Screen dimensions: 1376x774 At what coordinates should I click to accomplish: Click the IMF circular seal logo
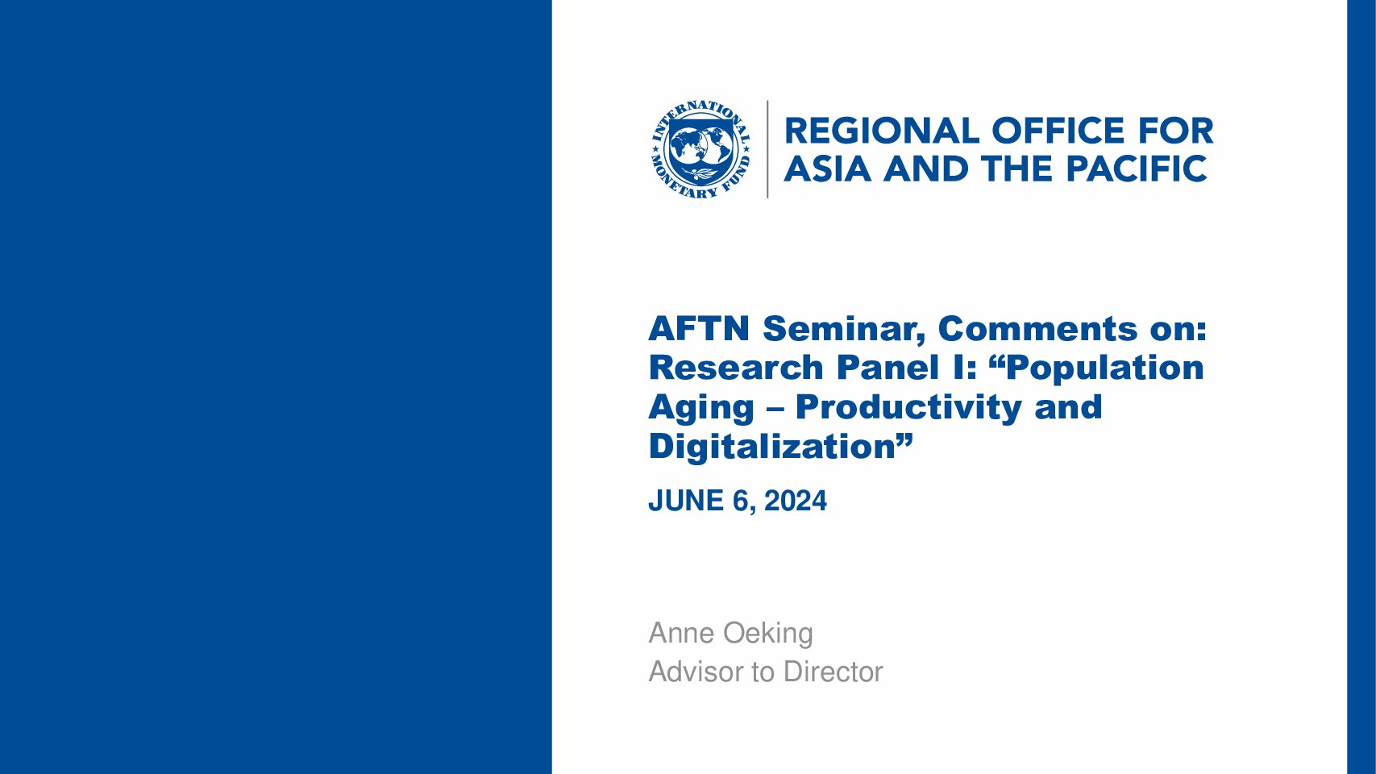pyautogui.click(x=700, y=149)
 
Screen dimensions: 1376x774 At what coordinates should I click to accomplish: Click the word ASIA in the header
pyautogui.click(x=827, y=169)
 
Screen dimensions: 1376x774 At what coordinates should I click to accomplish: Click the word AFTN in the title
pyautogui.click(x=699, y=328)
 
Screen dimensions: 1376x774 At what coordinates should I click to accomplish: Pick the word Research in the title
pyautogui.click(x=736, y=368)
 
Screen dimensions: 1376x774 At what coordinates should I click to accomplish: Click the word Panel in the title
pyautogui.click(x=883, y=368)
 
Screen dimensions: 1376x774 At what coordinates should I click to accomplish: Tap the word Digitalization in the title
pyautogui.click(x=771, y=447)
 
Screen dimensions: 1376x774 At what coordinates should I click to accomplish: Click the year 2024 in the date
pyautogui.click(x=796, y=501)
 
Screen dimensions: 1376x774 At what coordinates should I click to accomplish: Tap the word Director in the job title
pyautogui.click(x=833, y=672)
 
